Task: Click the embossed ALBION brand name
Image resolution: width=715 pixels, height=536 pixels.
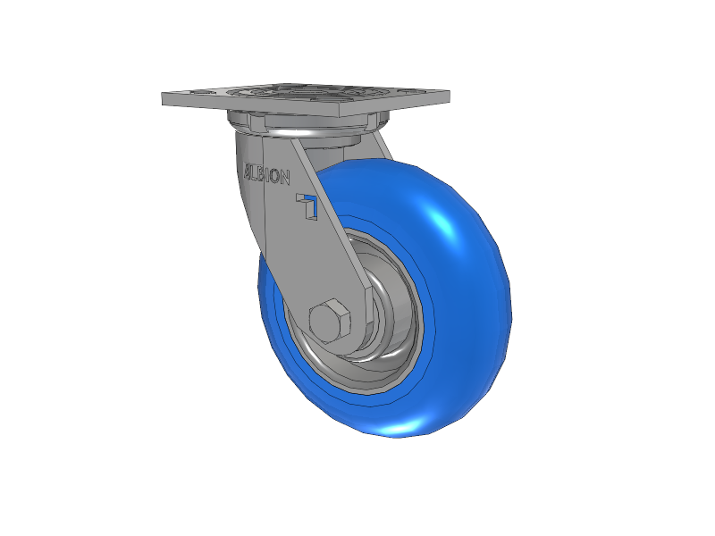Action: [266, 173]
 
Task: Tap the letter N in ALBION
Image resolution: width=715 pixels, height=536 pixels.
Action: [284, 178]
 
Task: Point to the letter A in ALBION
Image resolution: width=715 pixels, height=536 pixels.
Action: [248, 171]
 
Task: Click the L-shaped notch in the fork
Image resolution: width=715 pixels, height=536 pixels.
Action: [307, 206]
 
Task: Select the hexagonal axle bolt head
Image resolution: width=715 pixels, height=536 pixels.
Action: [330, 321]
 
